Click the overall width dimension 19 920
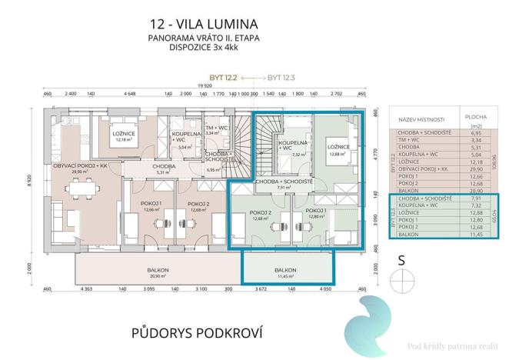click(x=203, y=87)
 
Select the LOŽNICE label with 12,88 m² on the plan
click(x=338, y=148)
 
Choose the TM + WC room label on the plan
click(x=218, y=128)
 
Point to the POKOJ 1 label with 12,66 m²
click(x=151, y=205)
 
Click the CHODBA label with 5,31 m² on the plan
click(x=162, y=168)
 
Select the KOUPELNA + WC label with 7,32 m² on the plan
click(x=292, y=145)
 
